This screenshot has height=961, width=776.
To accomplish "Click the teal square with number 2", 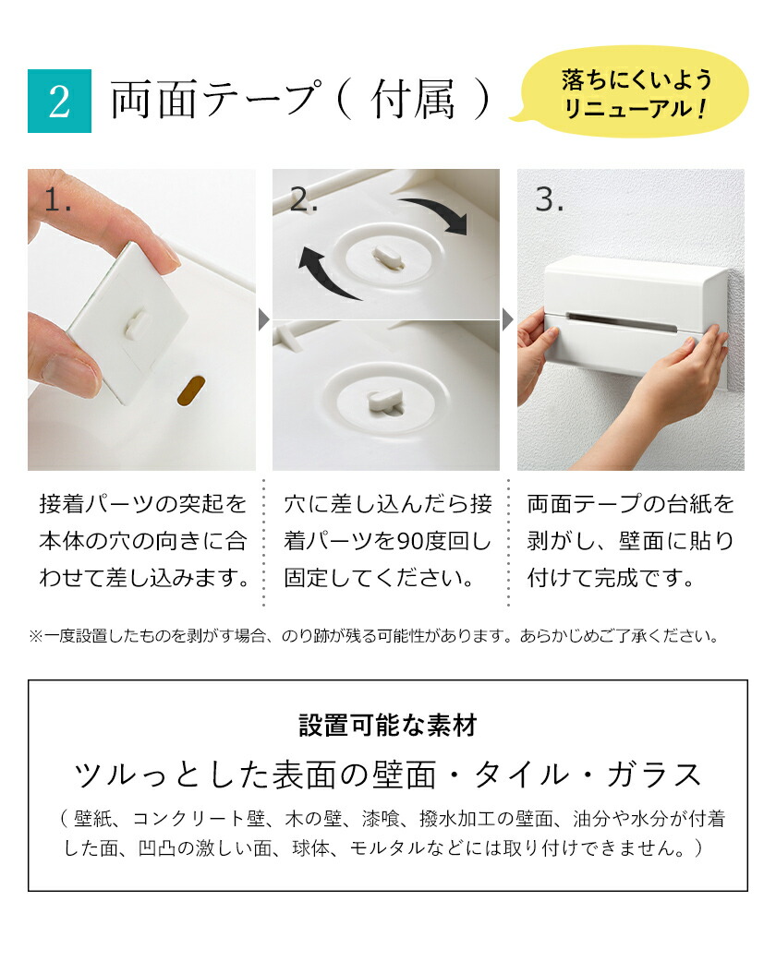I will (x=59, y=102).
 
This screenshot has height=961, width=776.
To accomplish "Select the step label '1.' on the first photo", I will (x=58, y=200).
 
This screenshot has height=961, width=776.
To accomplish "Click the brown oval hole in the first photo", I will (x=193, y=390).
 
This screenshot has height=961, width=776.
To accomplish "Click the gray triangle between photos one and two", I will (x=263, y=320).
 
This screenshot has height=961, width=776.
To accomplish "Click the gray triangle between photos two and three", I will (x=508, y=320).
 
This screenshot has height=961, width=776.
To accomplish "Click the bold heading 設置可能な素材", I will (x=387, y=725).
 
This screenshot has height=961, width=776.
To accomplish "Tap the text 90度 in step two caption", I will (x=406, y=541).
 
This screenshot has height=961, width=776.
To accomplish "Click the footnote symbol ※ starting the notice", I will (x=36, y=636).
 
